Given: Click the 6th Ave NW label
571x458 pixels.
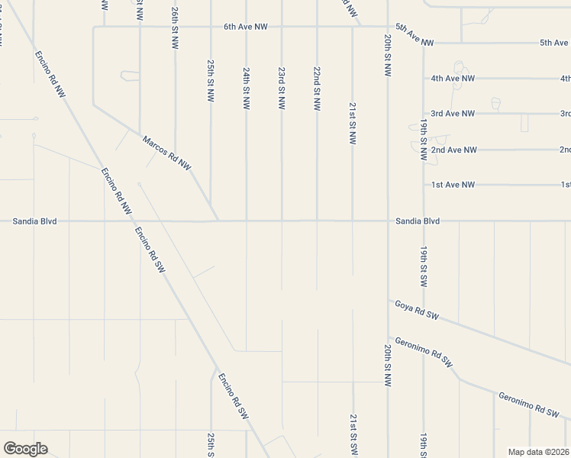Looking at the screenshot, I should tap(245, 27).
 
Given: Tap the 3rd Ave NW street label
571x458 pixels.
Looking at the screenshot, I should tap(453, 114).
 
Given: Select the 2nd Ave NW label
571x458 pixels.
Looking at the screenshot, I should tap(453, 150).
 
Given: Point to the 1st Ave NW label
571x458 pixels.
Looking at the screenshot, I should tap(453, 185).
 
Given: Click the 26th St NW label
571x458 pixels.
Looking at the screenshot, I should tap(175, 28).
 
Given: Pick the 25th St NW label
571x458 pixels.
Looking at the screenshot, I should tap(211, 81).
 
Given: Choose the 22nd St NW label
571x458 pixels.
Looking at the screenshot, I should tap(317, 89).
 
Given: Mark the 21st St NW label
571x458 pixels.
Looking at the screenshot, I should tap(352, 123).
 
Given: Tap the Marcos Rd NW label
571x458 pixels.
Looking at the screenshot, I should tap(166, 152).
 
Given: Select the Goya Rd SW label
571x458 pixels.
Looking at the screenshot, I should tap(417, 309).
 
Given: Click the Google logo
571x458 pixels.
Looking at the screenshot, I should tap(25, 449).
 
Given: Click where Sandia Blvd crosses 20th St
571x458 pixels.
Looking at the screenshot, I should tap(388, 221).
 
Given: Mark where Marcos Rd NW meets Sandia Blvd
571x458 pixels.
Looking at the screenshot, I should tap(218, 221).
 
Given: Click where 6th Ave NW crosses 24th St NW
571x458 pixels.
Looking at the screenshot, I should tap(246, 27).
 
